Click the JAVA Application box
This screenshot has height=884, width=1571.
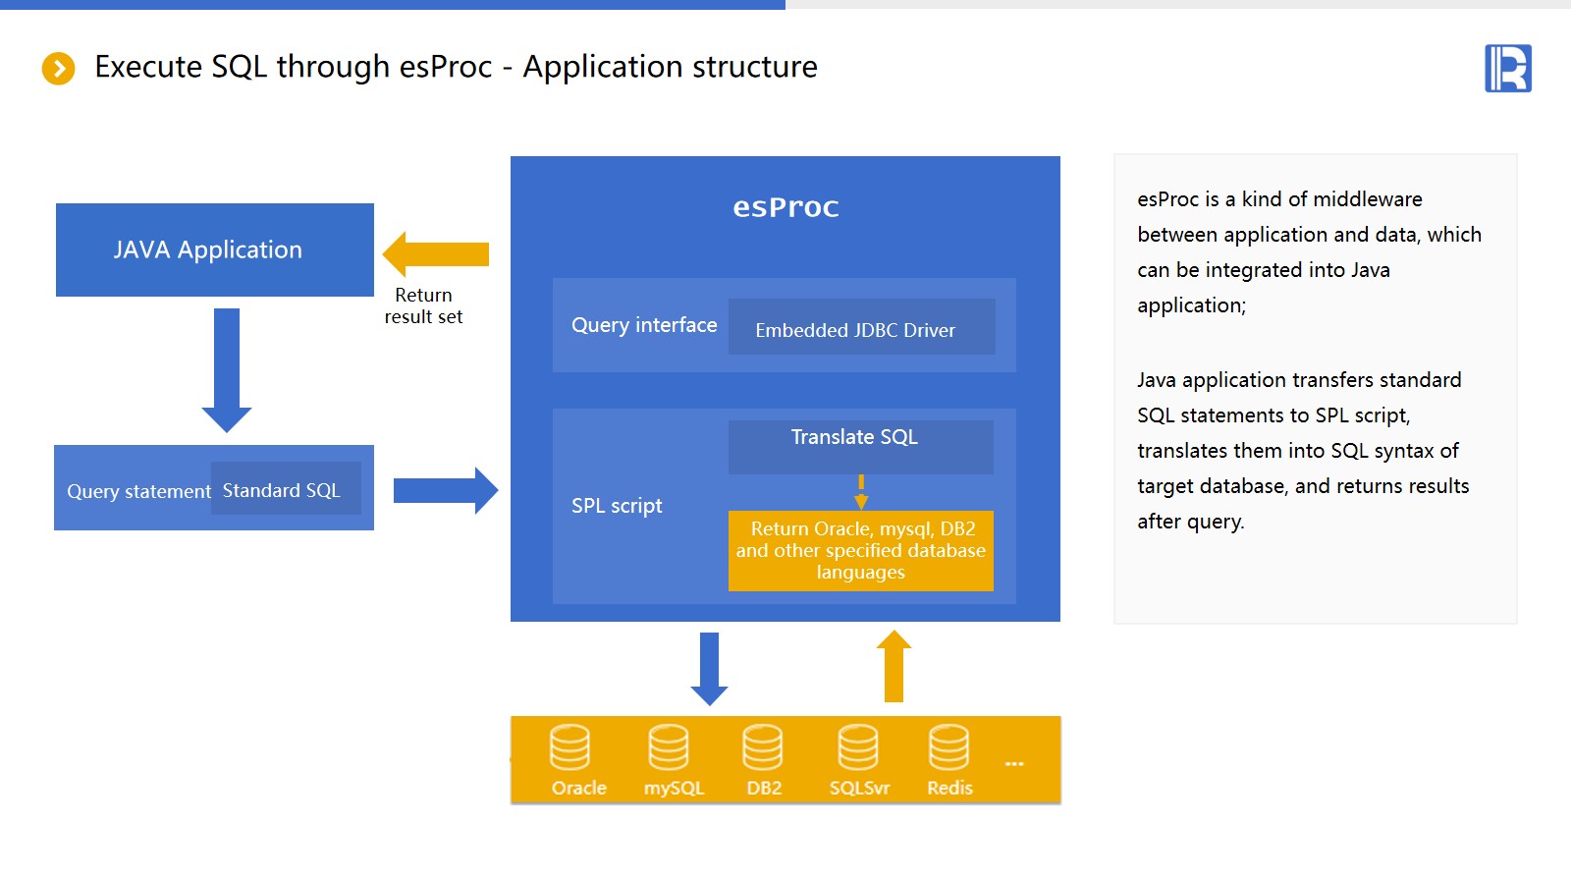coord(215,249)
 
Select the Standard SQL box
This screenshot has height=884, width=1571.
coord(286,489)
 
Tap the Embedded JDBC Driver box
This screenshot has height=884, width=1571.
coord(861,328)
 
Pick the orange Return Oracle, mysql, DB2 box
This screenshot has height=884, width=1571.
coord(860,551)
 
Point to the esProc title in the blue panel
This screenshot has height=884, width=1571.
coord(785,207)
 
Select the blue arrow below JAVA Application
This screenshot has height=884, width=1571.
coord(227,369)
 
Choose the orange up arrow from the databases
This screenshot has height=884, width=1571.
coord(894,666)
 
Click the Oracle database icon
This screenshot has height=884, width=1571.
coord(569,747)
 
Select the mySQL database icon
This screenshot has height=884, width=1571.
coord(669,747)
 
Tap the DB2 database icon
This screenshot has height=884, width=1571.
coord(763,747)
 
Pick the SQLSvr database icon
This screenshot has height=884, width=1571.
coord(858,747)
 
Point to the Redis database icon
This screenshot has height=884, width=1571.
coord(949,747)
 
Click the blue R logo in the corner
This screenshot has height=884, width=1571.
coord(1508,69)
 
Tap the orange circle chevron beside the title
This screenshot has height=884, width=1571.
coord(59,69)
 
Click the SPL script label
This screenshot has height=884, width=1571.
coord(617,506)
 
